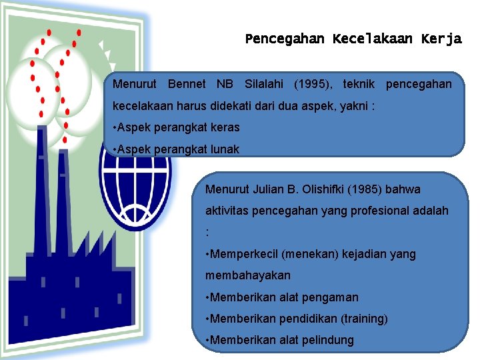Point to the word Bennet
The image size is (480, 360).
(x=187, y=85)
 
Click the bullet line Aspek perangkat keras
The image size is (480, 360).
(x=177, y=127)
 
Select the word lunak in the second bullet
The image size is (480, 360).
(x=225, y=149)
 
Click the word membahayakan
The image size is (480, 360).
(x=248, y=275)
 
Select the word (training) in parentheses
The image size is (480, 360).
(x=365, y=319)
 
